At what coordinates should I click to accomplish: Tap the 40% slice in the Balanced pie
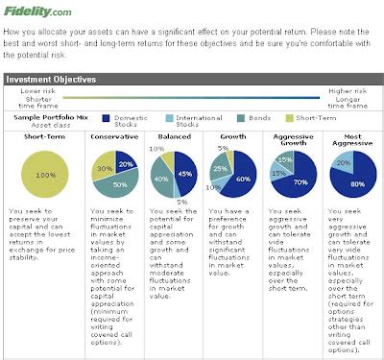coord(160,179)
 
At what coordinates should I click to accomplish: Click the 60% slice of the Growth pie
coord(244,179)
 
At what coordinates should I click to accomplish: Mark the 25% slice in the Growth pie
coord(220,170)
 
